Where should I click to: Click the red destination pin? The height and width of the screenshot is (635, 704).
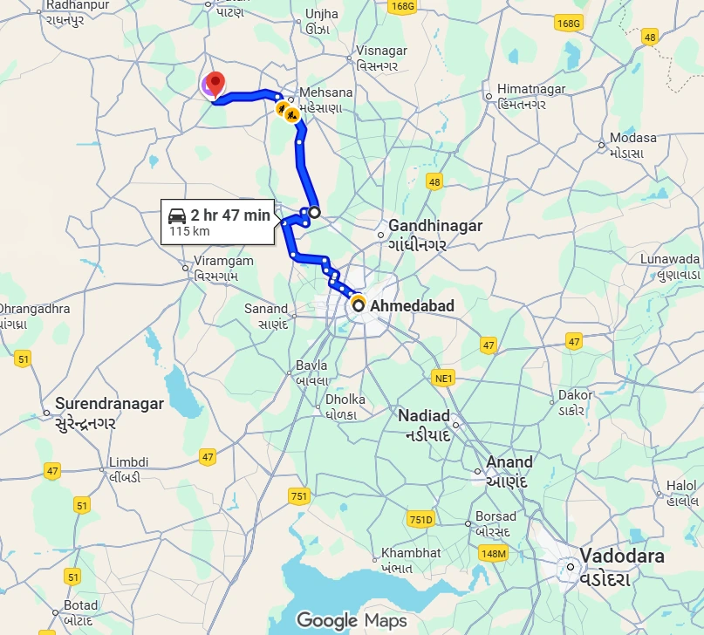tap(215, 85)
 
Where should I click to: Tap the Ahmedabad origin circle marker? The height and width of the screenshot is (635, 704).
tap(358, 305)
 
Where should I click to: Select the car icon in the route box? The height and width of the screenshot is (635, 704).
tap(177, 215)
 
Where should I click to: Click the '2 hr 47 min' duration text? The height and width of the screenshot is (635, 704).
tap(230, 215)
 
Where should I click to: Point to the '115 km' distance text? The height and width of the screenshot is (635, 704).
tap(190, 231)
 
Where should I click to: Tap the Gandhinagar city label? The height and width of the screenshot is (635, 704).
tap(434, 226)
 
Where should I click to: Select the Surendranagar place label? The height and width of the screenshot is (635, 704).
tap(109, 404)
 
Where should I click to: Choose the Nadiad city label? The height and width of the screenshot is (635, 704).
tap(424, 415)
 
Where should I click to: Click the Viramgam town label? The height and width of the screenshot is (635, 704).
tap(223, 261)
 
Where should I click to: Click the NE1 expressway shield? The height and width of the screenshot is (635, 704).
tap(445, 378)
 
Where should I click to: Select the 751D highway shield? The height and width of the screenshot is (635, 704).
tap(421, 520)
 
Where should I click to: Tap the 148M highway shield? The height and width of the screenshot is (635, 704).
tap(493, 553)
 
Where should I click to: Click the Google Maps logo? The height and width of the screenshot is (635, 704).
tap(352, 620)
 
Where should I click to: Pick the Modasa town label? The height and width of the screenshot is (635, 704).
tap(633, 138)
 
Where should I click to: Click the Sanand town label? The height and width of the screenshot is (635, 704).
tap(266, 308)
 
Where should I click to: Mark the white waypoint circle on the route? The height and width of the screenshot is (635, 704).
tap(314, 211)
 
